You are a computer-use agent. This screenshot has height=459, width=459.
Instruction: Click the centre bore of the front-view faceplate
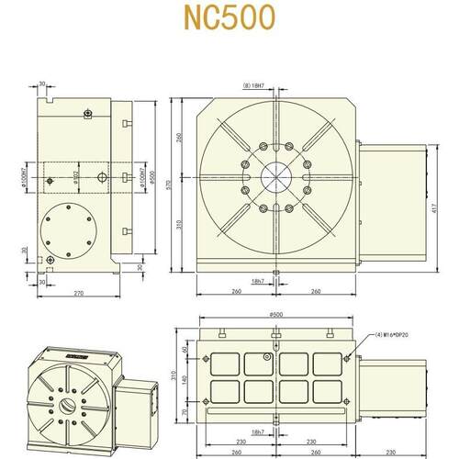point(276,177)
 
